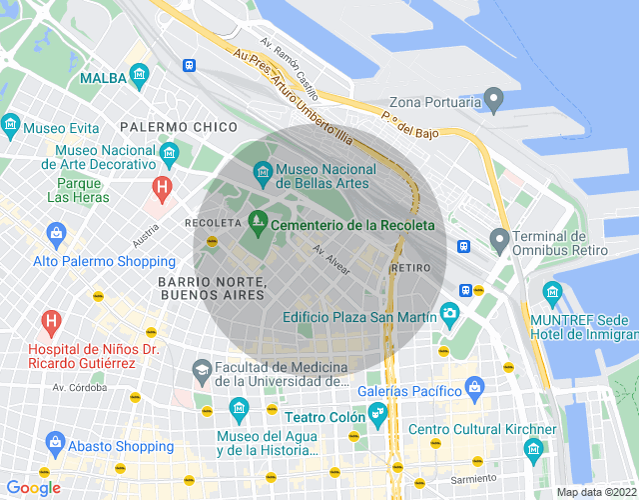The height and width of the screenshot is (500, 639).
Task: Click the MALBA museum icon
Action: tap(139, 77)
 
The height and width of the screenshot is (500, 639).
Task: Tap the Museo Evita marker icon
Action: tap(11, 126)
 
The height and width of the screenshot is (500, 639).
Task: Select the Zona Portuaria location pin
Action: tap(493, 100)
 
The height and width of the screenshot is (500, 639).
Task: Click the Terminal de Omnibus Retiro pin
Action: tap(499, 240)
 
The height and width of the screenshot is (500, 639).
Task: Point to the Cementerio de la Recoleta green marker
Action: tap(257, 224)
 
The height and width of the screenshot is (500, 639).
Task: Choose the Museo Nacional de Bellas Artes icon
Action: tap(262, 174)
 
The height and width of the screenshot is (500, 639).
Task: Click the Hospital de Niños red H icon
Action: tap(48, 322)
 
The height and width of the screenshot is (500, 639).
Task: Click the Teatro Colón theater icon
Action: tap(377, 413)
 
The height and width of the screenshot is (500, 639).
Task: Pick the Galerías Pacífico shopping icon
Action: tap(475, 386)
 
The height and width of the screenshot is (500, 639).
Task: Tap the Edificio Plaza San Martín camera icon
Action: tap(449, 314)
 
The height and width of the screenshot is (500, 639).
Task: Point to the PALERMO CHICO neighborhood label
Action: tap(178, 127)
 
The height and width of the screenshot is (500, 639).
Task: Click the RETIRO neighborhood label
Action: tap(412, 268)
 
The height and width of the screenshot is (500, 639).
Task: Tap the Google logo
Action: tap(33, 488)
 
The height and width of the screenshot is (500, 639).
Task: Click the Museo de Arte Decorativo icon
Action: tap(169, 153)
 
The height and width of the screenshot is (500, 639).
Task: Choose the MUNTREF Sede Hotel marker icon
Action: tap(552, 294)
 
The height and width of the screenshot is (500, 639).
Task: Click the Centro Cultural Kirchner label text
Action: tap(482, 430)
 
